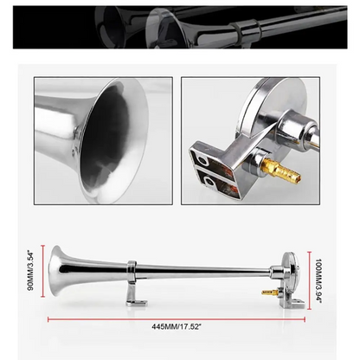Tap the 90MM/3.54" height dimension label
[32, 269]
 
